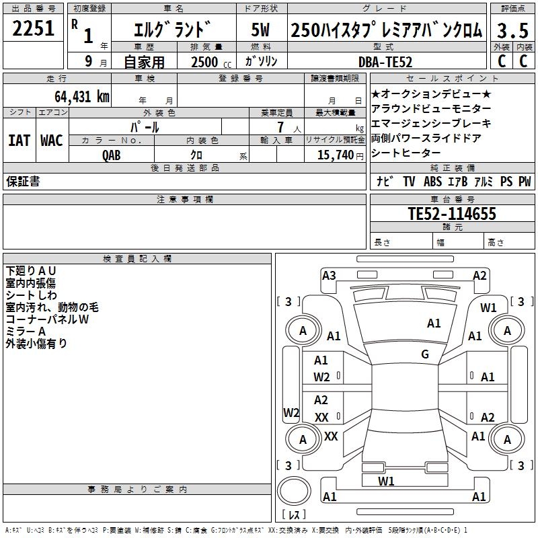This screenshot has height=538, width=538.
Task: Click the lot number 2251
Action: [x=34, y=30]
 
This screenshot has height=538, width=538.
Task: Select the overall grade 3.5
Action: [x=512, y=31]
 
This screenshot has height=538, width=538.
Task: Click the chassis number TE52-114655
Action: [x=452, y=214]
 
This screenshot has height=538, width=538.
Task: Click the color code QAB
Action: [x=112, y=155]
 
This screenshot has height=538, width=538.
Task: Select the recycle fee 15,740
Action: [x=334, y=155]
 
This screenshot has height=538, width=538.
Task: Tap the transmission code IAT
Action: [x=19, y=141]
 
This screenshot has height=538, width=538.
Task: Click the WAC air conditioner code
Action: [x=51, y=141]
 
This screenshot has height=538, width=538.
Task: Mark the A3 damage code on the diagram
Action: [x=329, y=275]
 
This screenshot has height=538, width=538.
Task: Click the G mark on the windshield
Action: [x=425, y=354]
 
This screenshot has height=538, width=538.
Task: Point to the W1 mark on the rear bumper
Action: [x=386, y=481]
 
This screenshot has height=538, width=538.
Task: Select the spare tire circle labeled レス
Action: [x=294, y=497]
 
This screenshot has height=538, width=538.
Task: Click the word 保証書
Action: [x=23, y=182]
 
